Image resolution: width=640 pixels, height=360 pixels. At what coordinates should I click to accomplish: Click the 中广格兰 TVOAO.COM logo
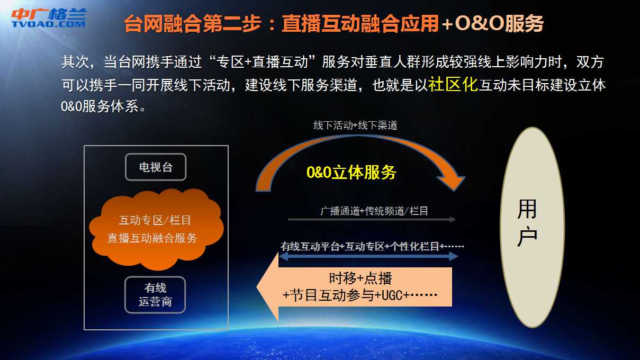(49, 17)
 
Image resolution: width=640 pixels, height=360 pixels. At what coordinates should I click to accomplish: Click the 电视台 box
(156, 167)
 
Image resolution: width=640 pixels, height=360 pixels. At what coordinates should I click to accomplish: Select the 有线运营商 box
(155, 295)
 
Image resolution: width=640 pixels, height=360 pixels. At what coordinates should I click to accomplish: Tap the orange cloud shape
(156, 229)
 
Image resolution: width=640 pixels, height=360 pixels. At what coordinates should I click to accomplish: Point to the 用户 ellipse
(532, 227)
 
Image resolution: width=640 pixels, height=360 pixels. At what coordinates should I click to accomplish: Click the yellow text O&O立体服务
(351, 172)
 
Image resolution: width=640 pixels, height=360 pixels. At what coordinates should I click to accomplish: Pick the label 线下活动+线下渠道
(355, 125)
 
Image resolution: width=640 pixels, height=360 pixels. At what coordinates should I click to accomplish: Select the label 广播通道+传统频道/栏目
(374, 211)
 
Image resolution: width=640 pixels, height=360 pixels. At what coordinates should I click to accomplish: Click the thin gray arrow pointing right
(372, 219)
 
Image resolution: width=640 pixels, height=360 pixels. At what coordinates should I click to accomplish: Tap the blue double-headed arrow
(368, 256)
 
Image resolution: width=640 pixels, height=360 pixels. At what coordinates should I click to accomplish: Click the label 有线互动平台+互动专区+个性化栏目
(360, 246)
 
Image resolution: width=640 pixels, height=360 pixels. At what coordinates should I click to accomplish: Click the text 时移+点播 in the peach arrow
(360, 278)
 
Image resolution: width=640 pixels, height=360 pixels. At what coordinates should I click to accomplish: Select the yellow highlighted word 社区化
(453, 84)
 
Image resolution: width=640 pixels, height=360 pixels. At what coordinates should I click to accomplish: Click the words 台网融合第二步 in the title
(193, 23)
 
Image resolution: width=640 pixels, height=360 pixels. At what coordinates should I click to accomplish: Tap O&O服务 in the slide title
(499, 23)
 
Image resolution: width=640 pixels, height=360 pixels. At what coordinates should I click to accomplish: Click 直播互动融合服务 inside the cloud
(152, 238)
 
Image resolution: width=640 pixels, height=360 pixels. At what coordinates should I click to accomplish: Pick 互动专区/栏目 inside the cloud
(155, 220)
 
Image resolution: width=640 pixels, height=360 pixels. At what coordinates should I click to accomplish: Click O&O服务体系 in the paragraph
(100, 106)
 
